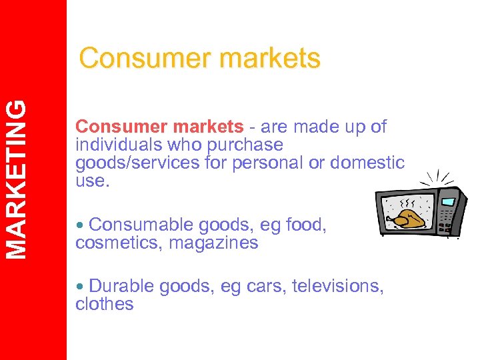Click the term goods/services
tap(136, 163)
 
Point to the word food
tap(307, 225)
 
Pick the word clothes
tap(105, 304)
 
